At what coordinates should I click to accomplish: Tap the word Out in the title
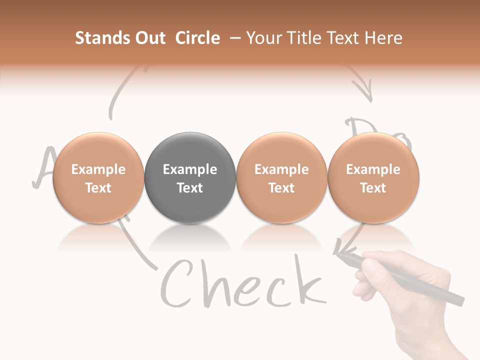click(x=148, y=38)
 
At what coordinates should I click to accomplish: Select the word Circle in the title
click(x=197, y=38)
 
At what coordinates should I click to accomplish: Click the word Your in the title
click(x=263, y=38)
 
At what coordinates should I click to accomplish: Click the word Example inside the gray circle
click(x=189, y=169)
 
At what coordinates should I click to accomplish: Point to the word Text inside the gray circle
click(x=189, y=188)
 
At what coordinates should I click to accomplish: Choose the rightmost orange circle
click(x=373, y=177)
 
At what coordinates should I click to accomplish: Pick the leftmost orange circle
click(x=98, y=177)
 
